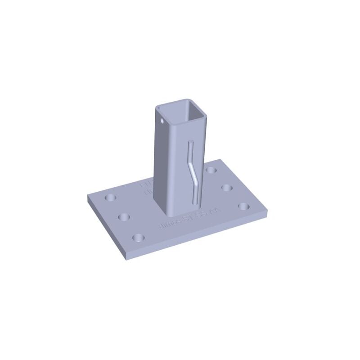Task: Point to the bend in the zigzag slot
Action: (x=193, y=171)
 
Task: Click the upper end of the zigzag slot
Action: (x=190, y=143)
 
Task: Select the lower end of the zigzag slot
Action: (x=195, y=199)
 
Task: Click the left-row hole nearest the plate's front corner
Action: (x=139, y=236)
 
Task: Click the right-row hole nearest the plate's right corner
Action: (x=243, y=206)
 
